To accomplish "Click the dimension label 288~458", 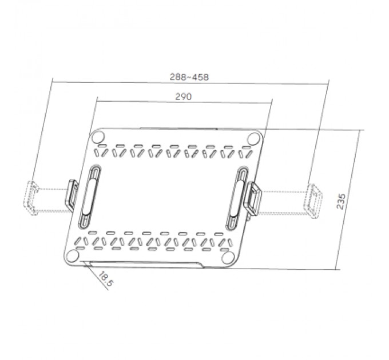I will pos(189,76).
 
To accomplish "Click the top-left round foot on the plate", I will pos(98,137).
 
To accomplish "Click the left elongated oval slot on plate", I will pos(89,194).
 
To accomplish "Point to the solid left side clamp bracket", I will pos(73,195).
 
